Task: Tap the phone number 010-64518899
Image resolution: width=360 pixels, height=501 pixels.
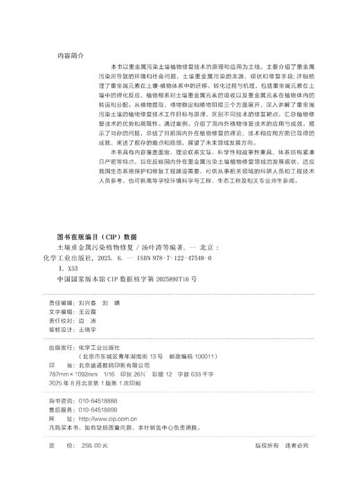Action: pos(98,410)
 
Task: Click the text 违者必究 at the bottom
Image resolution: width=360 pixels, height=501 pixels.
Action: pos(296,446)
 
